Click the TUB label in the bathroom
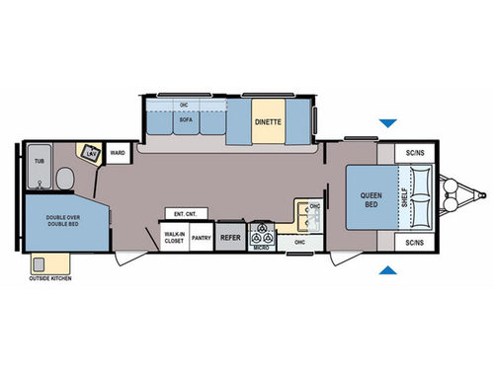tap(40, 159)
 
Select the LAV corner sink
tap(91, 155)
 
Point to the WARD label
tap(118, 154)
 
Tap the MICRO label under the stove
tap(262, 247)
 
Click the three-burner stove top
tap(262, 233)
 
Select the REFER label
tap(229, 237)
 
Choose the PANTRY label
tap(201, 237)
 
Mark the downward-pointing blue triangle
tap(391, 123)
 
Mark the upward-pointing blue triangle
tap(391, 269)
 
